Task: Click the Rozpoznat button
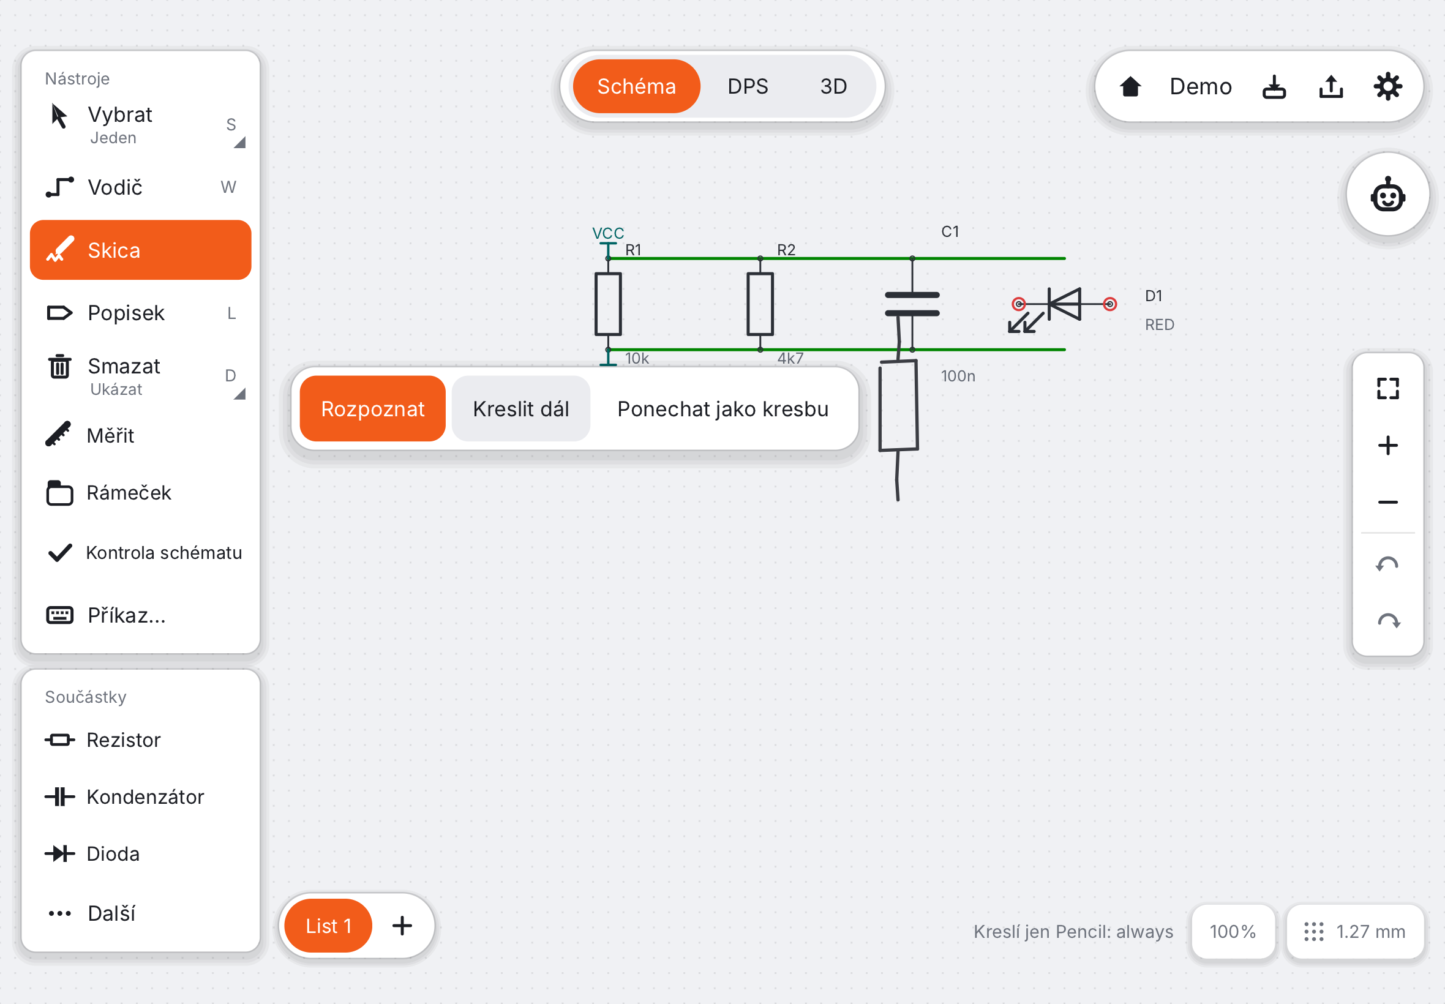[372, 409]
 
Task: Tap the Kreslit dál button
[521, 409]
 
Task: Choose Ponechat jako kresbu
[723, 409]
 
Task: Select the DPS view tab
[748, 86]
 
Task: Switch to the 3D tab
[833, 86]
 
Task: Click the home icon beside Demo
[1130, 86]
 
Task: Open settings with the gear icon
[1387, 86]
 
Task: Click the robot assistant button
[1388, 195]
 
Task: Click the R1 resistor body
[609, 304]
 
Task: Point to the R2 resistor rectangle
[760, 304]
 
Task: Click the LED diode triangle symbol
[1064, 304]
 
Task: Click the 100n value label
[958, 376]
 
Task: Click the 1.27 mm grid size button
[1355, 932]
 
